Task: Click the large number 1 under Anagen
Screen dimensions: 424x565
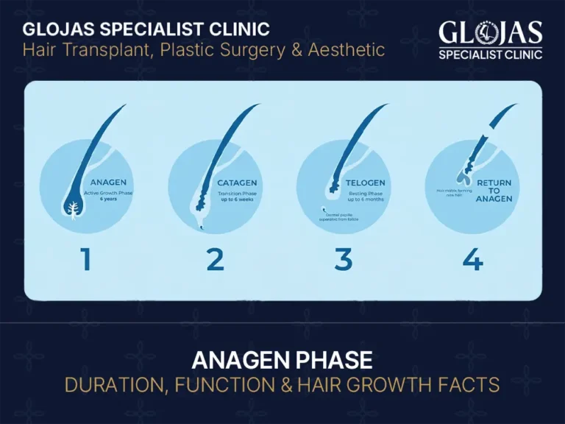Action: click(86, 260)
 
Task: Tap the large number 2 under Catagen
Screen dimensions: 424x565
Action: click(215, 260)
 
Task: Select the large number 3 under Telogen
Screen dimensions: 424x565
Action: click(343, 260)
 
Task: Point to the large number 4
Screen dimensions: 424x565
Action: click(472, 260)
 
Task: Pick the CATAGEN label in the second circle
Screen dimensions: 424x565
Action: click(238, 183)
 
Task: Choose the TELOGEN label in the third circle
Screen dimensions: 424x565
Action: click(366, 183)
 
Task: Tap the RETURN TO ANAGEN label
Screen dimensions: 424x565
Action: click(494, 191)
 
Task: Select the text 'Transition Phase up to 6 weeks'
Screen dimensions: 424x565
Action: click(238, 196)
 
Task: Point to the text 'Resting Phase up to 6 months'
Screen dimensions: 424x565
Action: click(366, 196)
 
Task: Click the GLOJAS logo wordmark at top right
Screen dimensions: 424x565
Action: click(491, 33)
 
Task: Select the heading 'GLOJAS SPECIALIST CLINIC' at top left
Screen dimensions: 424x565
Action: click(146, 29)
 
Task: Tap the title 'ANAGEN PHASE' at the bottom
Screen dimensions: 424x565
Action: click(282, 361)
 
